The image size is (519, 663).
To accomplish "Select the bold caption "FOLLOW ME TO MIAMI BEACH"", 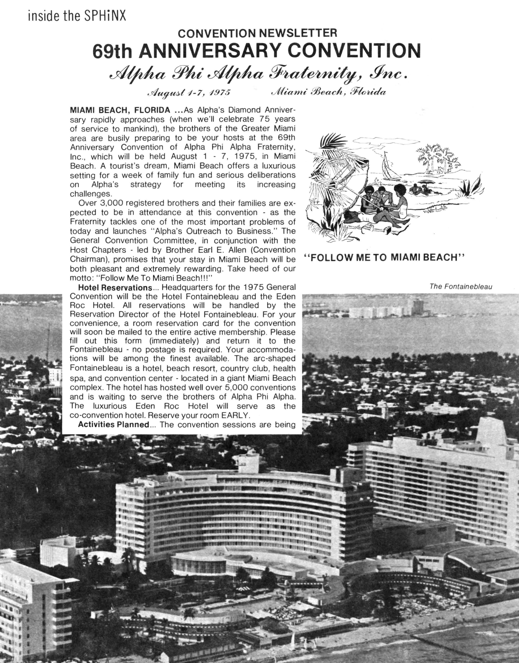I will click(384, 258).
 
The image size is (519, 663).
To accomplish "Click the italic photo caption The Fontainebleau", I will click(461, 286).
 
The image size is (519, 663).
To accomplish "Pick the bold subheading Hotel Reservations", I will click(115, 287).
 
